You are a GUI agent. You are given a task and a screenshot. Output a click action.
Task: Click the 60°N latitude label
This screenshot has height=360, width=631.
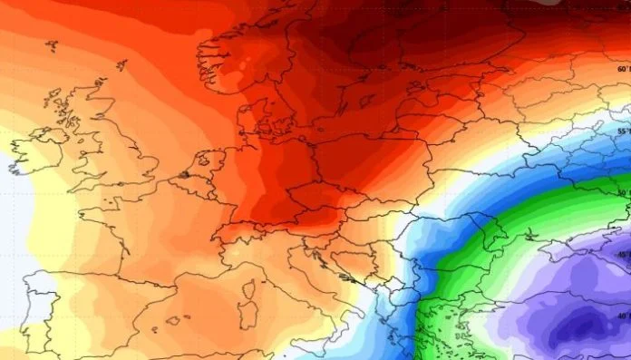coord(623,69)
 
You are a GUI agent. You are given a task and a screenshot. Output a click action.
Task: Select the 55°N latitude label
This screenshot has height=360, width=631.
coord(623,131)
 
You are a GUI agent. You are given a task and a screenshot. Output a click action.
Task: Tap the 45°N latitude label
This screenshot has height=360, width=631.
coord(623,256)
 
